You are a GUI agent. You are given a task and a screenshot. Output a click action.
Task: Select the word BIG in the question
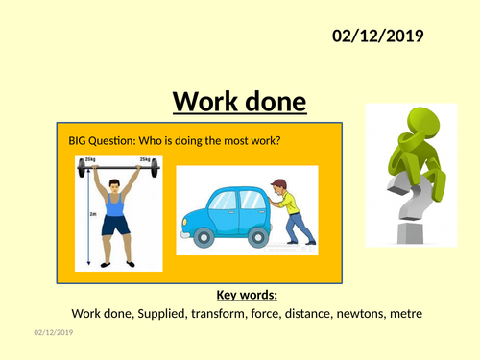click(x=79, y=141)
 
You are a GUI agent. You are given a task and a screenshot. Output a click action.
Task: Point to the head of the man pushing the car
click(x=279, y=187)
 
